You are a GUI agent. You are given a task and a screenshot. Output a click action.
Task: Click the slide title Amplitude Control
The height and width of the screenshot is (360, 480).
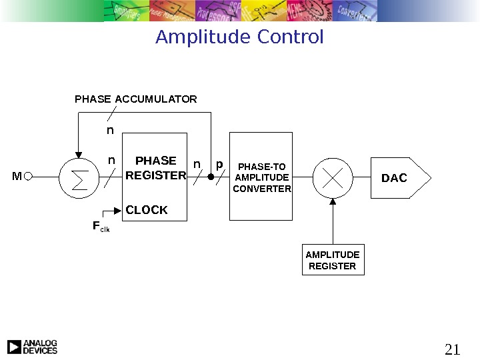pos(239,37)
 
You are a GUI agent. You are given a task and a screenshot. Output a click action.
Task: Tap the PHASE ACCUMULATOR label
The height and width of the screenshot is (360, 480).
pos(136,99)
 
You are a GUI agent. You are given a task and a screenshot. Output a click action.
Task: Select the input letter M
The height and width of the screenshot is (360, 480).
pos(17,177)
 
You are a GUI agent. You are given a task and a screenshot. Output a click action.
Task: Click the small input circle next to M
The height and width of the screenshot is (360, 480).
pos(27,177)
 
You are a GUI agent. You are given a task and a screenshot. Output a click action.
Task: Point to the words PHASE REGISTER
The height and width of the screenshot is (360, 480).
pos(156,168)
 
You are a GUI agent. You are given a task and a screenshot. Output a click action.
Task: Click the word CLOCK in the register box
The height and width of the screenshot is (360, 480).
pos(147,210)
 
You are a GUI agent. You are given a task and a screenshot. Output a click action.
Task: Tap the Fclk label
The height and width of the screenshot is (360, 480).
pos(100,227)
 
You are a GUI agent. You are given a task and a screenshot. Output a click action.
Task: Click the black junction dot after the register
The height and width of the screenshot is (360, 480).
pos(211,178)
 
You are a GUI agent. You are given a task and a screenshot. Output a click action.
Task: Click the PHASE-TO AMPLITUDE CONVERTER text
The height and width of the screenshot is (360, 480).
pos(262,177)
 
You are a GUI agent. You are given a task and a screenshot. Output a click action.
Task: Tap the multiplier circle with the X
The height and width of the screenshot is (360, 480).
pos(332,178)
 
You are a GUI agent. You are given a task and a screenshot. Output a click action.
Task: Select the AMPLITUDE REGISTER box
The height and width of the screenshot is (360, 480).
pos(332,260)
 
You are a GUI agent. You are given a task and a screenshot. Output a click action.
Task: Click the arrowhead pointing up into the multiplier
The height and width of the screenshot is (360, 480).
pos(332,202)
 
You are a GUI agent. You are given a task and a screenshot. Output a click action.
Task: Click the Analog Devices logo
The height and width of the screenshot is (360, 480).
pos(32,347)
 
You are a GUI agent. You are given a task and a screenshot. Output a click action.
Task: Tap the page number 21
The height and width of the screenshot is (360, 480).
pos(452,349)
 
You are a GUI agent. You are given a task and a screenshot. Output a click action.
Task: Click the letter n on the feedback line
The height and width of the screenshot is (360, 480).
pos(111,131)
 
